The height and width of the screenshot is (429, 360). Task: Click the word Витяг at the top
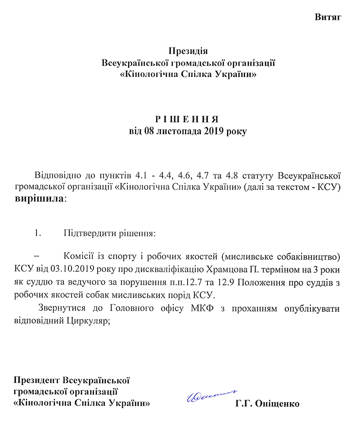(328, 18)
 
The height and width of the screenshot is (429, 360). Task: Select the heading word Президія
(188, 50)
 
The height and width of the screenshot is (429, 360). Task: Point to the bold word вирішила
(39, 199)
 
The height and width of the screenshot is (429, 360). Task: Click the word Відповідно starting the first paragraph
(56, 175)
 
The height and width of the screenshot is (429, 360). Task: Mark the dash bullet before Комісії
(37, 257)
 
